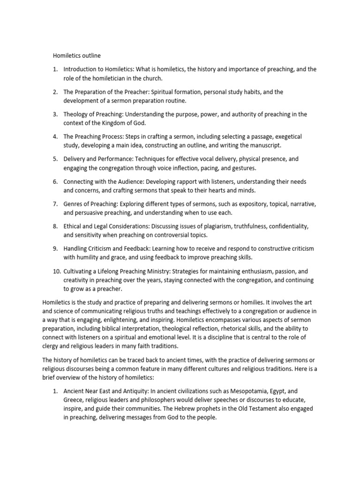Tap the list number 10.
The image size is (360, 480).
56,271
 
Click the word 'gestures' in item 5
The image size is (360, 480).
245,168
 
